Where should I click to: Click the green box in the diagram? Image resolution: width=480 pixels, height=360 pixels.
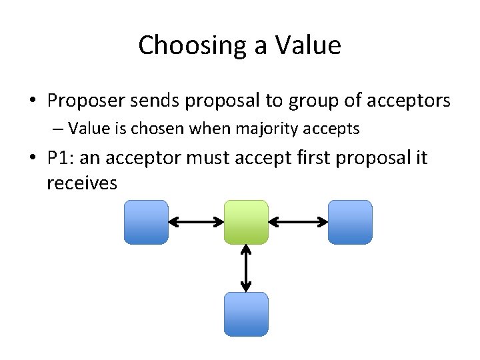point(246,222)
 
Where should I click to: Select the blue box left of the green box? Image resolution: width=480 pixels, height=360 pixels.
point(146,222)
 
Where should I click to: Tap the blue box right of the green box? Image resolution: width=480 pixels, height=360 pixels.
point(350,222)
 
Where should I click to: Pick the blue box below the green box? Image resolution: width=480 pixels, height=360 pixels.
point(246,314)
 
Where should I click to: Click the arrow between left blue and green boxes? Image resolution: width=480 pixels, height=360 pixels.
point(196,222)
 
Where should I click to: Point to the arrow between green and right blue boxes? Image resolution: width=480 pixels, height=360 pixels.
point(298,222)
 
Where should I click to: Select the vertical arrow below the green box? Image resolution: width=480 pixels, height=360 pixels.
point(246,268)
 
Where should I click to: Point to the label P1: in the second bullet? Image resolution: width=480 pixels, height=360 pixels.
point(60,158)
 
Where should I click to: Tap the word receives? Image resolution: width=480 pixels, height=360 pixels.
point(82,183)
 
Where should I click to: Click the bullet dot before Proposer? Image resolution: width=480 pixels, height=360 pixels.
point(33,101)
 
